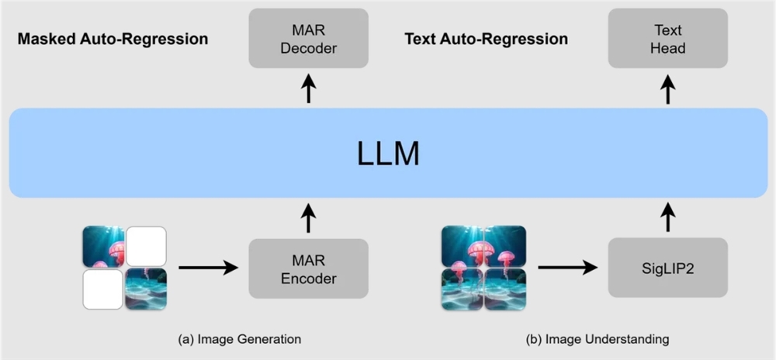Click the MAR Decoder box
[x=308, y=37]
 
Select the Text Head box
[x=668, y=37]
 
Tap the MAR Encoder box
[x=308, y=268]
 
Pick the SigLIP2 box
[x=668, y=268]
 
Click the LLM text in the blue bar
[x=388, y=154]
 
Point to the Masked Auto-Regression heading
[x=113, y=39]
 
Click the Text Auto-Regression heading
[x=487, y=39]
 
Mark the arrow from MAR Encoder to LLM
[x=308, y=218]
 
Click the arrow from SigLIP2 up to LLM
[x=668, y=218]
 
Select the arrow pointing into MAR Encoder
[x=207, y=268]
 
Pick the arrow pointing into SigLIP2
[x=567, y=268]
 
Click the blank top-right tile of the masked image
[x=146, y=246]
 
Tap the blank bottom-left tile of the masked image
[x=103, y=289]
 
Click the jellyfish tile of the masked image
[x=103, y=247]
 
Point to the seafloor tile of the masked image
[x=146, y=289]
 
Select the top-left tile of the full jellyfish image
[x=462, y=247]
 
